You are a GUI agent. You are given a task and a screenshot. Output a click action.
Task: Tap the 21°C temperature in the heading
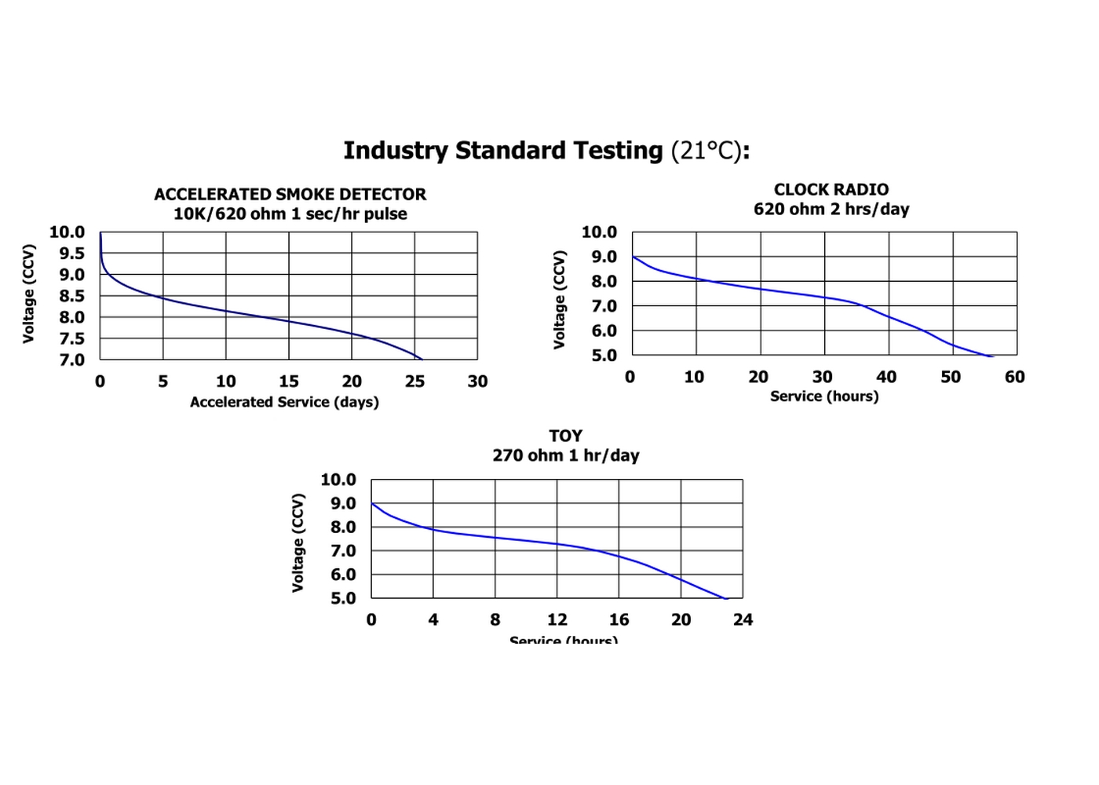pos(705,150)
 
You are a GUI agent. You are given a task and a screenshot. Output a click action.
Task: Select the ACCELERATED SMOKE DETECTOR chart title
pos(290,194)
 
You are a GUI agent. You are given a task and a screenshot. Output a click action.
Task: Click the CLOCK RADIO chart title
pos(831,189)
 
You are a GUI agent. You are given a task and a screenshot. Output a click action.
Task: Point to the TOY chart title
pos(565,436)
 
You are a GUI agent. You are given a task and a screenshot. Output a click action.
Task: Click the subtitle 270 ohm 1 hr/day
pos(565,455)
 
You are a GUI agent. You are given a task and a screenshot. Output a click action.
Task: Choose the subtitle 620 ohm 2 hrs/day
pos(831,209)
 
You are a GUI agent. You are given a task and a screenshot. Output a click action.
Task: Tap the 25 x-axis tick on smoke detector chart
pos(414,382)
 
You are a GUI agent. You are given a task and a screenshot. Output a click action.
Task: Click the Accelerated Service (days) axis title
pos(284,402)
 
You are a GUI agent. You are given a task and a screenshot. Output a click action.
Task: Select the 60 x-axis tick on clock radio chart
pos(1014,377)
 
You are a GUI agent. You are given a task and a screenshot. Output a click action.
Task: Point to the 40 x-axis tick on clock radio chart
pos(886,377)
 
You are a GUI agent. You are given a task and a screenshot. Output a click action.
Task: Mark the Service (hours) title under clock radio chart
pos(824,396)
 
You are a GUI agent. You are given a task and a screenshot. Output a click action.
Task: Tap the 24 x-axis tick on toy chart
pos(743,620)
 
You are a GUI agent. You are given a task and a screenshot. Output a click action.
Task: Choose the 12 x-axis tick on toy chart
pos(557,620)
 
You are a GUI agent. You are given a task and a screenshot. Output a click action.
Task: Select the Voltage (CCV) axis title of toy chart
pos(298,542)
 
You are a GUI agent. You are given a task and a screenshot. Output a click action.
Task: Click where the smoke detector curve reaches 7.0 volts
pos(421,359)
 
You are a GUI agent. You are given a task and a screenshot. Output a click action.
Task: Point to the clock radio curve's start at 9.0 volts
pos(633,257)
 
